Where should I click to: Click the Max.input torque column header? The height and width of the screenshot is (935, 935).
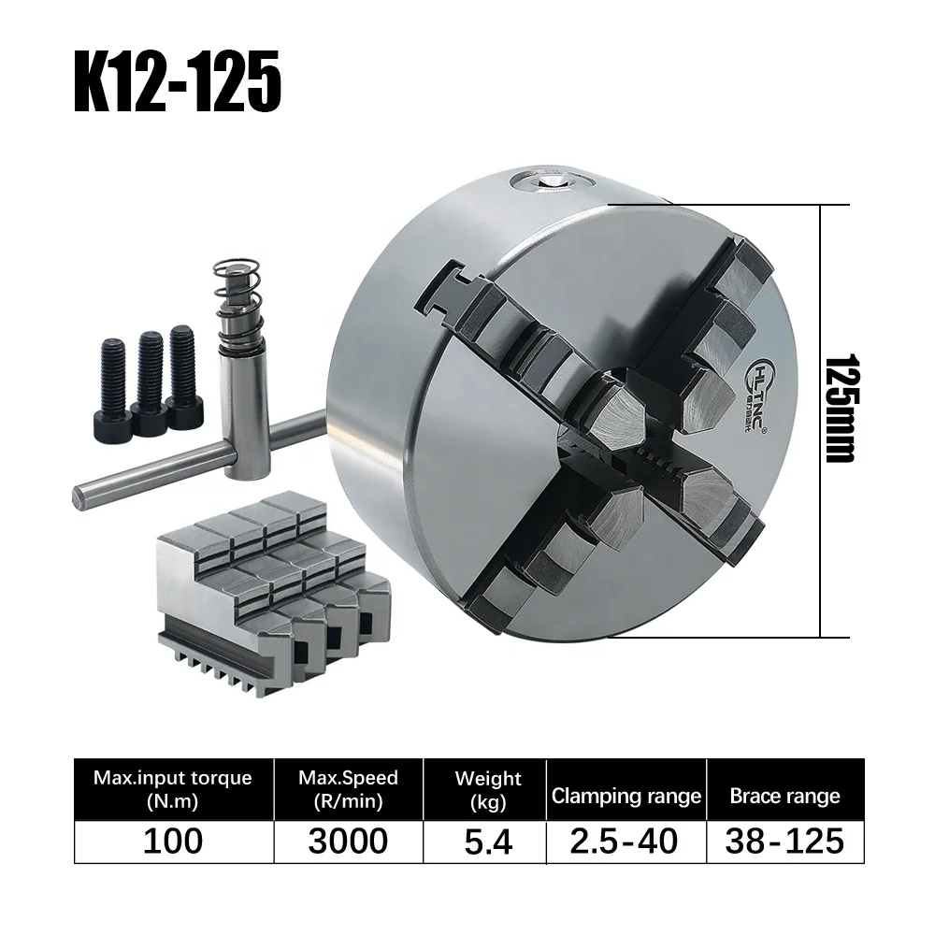tap(173, 789)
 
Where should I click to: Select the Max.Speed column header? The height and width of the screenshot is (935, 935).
tap(348, 789)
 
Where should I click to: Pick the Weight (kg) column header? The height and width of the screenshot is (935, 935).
tap(487, 789)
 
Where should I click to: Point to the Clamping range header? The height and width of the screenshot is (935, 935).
tap(626, 797)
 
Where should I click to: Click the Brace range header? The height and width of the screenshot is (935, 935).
tap(784, 797)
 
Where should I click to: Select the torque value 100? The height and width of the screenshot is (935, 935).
tap(173, 841)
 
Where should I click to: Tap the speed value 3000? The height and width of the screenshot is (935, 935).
tap(348, 841)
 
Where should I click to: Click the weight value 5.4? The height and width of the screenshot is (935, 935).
tap(487, 841)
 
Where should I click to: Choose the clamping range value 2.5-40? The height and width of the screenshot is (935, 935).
tap(626, 841)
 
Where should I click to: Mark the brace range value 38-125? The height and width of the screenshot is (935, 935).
tap(784, 841)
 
